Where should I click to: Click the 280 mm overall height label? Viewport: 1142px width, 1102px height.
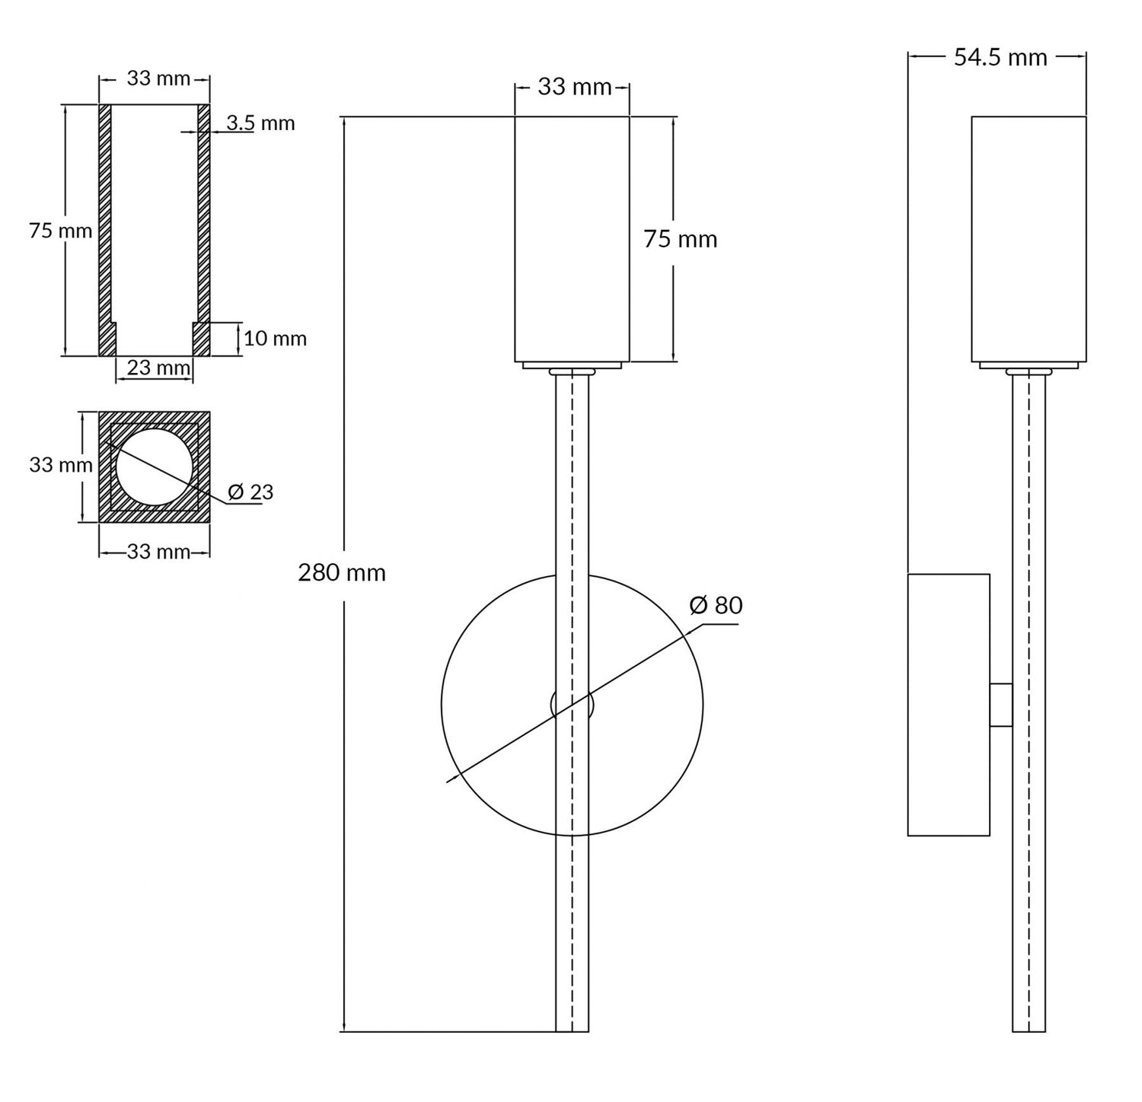pos(341,572)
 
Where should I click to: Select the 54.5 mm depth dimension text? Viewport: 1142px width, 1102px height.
pos(1000,57)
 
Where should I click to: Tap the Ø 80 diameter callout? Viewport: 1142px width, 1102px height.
pos(715,606)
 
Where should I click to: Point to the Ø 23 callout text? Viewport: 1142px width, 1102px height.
pos(250,492)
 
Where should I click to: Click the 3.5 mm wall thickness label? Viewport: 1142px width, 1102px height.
pos(260,123)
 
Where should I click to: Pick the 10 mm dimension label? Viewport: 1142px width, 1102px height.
pos(275,339)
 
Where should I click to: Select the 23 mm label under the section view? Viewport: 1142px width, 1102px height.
pos(158,368)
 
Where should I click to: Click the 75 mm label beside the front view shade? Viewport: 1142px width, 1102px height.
pos(680,240)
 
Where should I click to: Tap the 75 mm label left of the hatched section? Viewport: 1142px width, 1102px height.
pos(60,231)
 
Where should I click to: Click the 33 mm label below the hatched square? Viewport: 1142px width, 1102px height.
pos(158,552)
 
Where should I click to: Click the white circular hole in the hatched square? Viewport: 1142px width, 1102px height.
pos(155,467)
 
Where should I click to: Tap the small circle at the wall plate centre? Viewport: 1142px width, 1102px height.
pos(572,705)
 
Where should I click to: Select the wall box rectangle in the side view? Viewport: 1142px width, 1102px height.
pos(948,705)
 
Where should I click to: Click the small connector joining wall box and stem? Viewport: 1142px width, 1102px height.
pos(1000,705)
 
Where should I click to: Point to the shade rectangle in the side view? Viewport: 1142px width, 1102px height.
pos(1028,239)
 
